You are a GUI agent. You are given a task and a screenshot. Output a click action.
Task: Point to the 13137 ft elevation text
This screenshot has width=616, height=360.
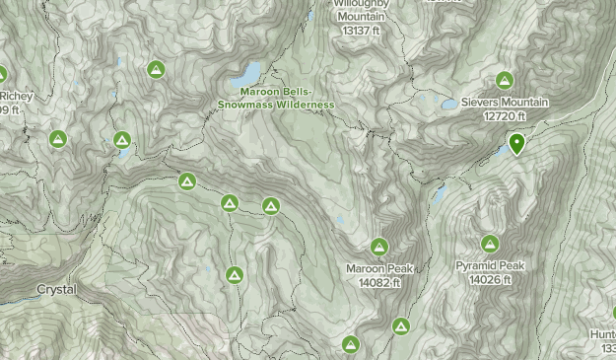[x=361, y=31]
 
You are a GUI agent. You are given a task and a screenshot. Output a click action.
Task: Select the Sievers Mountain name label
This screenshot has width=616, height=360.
[x=505, y=103]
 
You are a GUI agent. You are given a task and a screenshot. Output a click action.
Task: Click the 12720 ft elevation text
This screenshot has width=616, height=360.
[x=505, y=116]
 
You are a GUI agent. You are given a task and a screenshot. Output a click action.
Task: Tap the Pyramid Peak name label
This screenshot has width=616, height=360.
[x=490, y=266]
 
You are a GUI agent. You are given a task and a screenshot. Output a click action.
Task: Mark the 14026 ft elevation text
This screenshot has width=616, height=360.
[x=490, y=280]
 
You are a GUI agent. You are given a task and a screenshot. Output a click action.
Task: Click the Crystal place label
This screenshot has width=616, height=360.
[x=56, y=290]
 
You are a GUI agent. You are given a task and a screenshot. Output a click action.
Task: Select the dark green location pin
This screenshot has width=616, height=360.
[x=515, y=144]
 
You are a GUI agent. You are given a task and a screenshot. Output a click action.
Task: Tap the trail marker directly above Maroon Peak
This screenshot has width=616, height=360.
[x=379, y=246]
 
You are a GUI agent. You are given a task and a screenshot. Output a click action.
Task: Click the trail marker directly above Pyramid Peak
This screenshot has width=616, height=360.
[x=490, y=244]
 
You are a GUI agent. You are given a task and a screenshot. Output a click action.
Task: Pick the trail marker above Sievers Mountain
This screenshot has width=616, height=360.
[x=505, y=80]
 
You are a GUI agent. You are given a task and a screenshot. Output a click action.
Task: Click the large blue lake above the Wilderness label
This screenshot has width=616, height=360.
[x=245, y=74]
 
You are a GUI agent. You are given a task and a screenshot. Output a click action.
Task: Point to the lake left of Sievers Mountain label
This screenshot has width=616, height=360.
[x=448, y=104]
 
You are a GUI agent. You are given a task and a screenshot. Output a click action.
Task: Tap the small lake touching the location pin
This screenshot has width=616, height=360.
[x=503, y=151]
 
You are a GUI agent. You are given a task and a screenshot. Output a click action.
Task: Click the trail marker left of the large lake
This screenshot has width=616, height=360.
[x=156, y=69]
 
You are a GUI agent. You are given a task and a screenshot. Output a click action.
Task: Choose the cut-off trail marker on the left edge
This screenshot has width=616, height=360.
[x=2, y=74]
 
